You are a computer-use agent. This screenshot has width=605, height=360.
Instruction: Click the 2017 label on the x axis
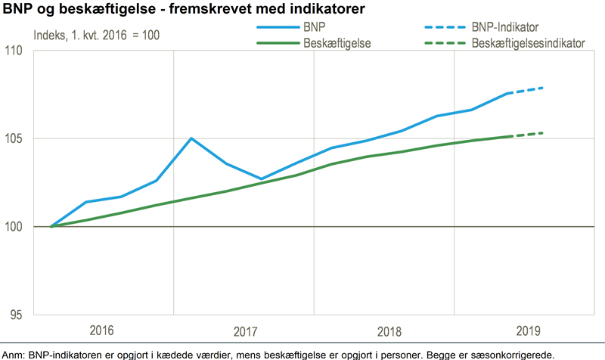tap(244, 331)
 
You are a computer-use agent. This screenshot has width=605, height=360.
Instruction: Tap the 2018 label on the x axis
tap(384, 331)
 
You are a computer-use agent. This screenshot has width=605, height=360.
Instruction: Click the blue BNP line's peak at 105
tap(191, 138)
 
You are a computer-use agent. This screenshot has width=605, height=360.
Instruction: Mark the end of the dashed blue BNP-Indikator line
tap(543, 88)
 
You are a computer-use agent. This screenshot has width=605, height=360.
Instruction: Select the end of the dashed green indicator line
tap(543, 133)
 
